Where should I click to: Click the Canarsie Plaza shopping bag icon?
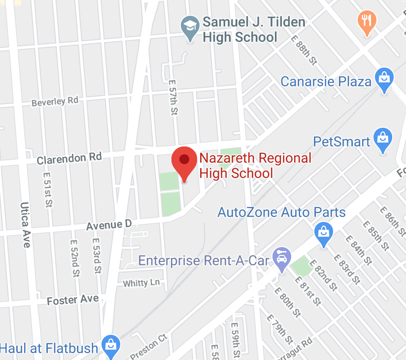point(383,78)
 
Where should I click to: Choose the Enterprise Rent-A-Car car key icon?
point(282,258)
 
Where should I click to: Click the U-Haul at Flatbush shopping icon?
point(109,346)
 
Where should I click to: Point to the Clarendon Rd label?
point(69,158)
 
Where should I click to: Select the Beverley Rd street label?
point(55,102)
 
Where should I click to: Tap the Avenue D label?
point(109,225)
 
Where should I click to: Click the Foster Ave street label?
point(72,300)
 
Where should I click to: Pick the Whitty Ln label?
point(141,283)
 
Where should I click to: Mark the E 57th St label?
point(172,98)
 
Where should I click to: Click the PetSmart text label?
point(341,142)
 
